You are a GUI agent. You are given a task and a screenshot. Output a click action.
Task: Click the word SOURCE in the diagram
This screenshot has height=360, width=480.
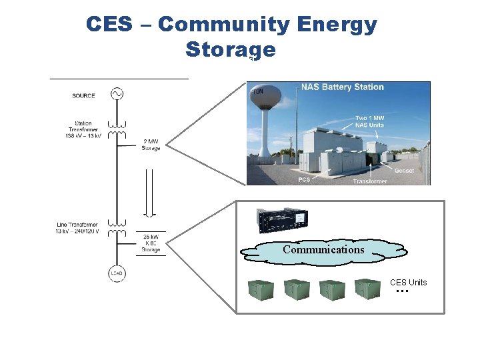83,96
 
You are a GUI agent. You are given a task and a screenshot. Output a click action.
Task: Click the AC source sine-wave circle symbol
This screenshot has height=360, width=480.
117,94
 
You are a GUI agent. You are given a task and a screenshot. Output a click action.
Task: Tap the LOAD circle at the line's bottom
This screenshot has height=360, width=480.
117,273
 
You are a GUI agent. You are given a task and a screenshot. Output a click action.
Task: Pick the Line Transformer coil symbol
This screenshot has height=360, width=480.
117,228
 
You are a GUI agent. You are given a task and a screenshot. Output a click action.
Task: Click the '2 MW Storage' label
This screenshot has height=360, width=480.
151,145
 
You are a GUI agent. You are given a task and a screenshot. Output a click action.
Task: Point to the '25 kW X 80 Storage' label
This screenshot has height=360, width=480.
151,243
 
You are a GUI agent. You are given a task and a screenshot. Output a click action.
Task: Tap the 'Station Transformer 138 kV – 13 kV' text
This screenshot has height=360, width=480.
83,129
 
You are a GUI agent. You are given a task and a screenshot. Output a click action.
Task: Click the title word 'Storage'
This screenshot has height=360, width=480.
230,50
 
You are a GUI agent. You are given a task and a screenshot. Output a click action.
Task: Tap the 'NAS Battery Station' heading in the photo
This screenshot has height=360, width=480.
342,87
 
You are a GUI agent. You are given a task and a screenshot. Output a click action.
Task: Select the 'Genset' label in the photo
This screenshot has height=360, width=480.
403,171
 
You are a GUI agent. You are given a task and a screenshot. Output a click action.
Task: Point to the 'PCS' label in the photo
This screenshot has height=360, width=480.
304,179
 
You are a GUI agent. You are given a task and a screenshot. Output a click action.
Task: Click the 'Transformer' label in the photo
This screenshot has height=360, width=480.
369,181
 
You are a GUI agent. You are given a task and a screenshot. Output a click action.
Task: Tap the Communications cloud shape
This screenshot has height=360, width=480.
324,250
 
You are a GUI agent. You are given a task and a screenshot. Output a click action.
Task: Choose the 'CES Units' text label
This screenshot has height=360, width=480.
408,283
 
